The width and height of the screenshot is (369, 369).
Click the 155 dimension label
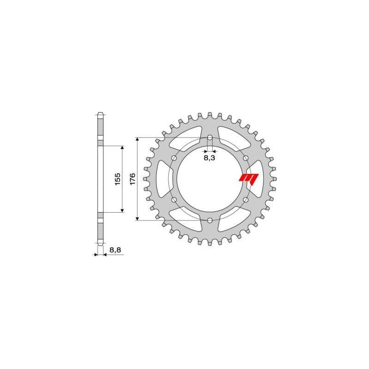(x=117, y=179)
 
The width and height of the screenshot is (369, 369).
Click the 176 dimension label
(x=132, y=179)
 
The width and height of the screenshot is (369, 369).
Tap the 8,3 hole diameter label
(x=209, y=158)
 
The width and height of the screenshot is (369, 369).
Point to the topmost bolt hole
(x=210, y=137)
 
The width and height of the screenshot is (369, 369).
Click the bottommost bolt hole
(x=210, y=220)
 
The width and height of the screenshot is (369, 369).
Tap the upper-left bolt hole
(x=174, y=158)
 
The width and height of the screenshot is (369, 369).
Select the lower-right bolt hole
(x=245, y=200)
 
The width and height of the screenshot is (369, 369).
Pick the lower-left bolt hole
(x=174, y=200)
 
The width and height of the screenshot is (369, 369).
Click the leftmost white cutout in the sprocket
(x=164, y=179)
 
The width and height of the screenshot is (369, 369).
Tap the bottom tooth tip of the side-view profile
(x=100, y=244)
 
